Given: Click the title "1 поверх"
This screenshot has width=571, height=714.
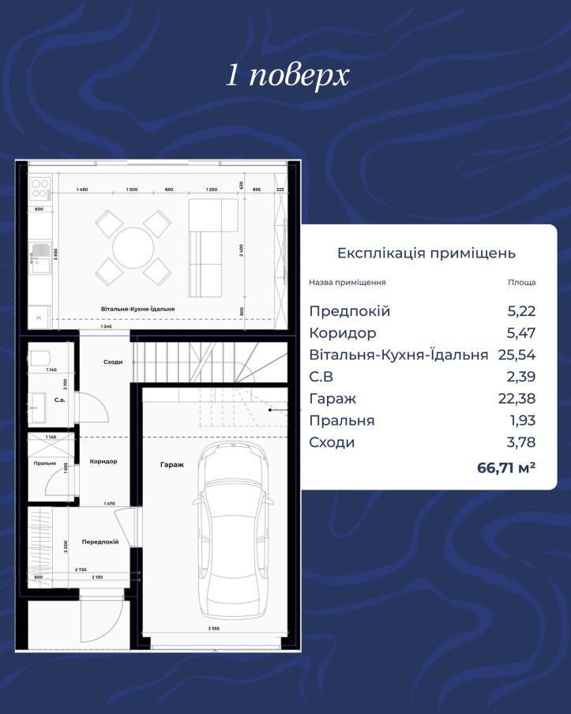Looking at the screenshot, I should tap(287, 76).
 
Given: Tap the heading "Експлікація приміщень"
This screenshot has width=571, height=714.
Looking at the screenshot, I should tap(426, 254).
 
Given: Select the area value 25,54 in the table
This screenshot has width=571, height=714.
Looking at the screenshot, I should tap(517, 355).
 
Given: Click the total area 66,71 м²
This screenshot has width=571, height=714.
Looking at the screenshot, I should tap(506, 468).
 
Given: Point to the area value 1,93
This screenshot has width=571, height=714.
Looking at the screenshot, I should tap(521, 420).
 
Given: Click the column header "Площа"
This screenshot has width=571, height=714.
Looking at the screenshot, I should tap(521, 282).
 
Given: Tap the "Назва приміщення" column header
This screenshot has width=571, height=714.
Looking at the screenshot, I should tap(347, 282).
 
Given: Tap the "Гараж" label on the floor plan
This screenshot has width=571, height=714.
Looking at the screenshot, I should tap(171, 465).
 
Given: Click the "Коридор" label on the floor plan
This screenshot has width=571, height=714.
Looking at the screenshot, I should tap(103, 461).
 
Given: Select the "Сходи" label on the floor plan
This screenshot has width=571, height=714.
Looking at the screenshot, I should tap(113, 362).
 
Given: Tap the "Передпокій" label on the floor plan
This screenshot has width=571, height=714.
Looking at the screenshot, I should tap(100, 542).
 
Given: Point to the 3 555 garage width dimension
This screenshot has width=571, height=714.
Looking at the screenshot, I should tap(212, 629).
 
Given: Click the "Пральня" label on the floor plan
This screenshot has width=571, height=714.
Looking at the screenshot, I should tap(45, 464).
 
